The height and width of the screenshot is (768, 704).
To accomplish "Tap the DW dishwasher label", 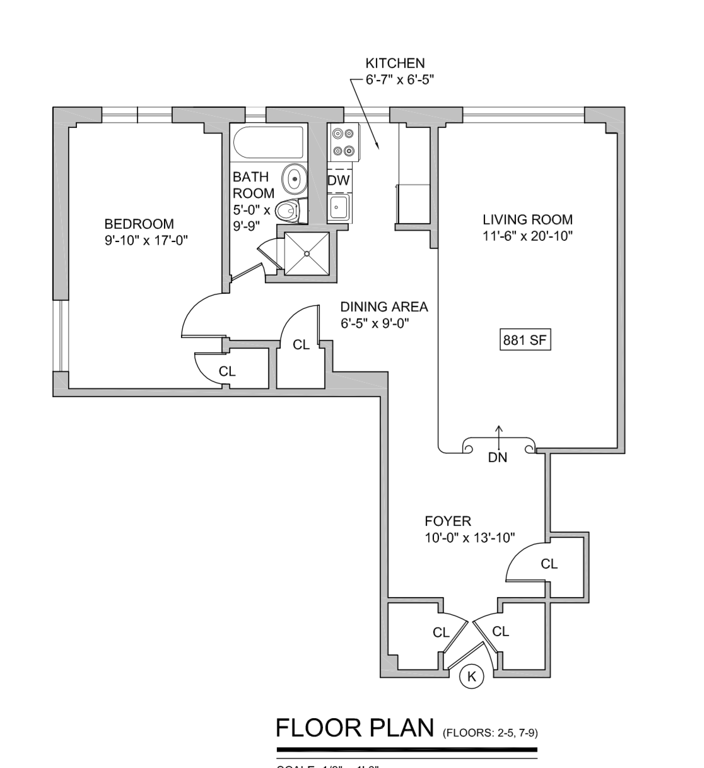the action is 339,180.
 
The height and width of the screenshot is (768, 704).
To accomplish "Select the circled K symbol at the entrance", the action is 471,677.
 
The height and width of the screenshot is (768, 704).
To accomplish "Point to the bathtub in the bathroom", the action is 268,143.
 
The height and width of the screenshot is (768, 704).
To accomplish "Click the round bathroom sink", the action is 293,178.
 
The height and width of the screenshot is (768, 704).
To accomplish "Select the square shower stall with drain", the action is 307,253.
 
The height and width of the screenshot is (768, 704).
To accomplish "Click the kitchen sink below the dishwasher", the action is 339,207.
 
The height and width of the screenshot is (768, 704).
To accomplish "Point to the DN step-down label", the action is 498,458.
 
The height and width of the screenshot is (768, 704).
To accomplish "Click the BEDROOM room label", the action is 139,224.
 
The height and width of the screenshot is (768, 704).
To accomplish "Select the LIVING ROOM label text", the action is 527,220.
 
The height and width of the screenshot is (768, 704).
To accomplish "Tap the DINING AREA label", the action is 384,307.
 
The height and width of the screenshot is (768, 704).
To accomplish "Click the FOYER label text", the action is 448,521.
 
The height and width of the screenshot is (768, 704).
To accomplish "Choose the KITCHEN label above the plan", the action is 395,63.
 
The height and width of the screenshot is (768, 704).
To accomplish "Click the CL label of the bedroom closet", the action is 227,372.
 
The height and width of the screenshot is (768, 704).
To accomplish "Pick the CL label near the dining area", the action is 302,345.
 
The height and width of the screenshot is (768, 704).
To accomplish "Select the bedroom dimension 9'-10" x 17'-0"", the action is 147,240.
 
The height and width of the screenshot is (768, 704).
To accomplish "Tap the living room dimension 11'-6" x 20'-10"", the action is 527,236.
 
